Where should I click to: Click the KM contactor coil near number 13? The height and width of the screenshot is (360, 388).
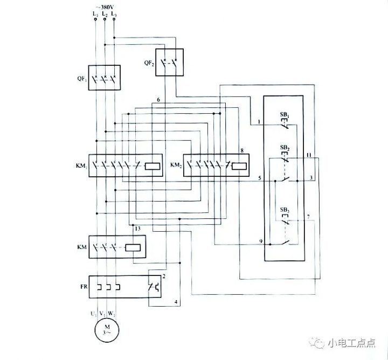[x=133, y=248]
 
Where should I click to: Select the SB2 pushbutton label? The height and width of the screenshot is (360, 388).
[x=285, y=147]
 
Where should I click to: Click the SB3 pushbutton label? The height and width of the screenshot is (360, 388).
[x=284, y=209]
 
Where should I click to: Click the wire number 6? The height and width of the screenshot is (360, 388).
[x=158, y=101]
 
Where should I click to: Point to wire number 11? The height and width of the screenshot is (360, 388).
[x=308, y=155]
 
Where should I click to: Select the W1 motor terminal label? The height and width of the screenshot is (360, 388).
[x=112, y=313]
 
